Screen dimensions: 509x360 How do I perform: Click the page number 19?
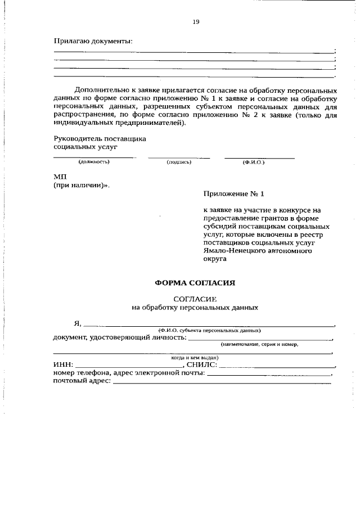pos(196,22)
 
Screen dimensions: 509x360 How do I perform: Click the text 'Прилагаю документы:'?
pos(93,41)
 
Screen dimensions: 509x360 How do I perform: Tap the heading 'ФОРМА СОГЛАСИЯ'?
pos(195,283)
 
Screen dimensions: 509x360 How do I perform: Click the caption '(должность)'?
pos(94,162)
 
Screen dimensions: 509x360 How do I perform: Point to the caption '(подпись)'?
pos(179,162)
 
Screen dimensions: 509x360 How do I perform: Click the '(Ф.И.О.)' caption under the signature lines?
pos(254,162)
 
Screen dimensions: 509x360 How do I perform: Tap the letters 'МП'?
pos(60,176)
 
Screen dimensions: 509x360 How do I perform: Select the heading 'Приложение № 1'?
pos(233,193)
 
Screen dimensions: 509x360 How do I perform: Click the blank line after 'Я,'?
pos(208,325)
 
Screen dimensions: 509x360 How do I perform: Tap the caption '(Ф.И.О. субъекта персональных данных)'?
pos(209,330)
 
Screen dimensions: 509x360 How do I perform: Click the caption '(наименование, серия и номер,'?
pos(259,344)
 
